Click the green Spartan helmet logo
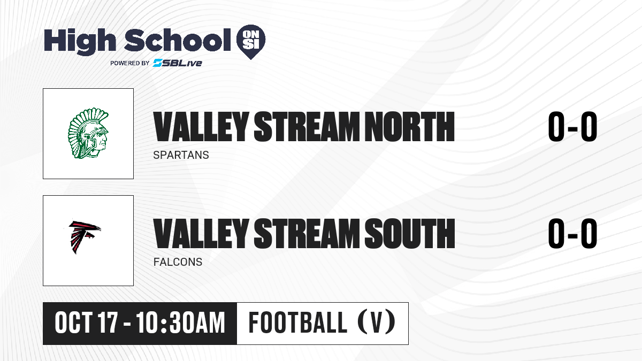[88, 133]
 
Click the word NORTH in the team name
[410, 127]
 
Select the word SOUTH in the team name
[410, 234]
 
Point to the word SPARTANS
[181, 155]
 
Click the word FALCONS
[178, 262]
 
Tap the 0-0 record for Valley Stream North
[572, 127]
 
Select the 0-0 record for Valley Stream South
[572, 234]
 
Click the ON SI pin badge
[251, 42]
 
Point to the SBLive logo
[177, 63]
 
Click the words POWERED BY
[130, 63]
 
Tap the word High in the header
[80, 42]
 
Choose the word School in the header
[178, 40]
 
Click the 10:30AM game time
[181, 323]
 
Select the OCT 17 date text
[86, 323]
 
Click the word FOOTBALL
[298, 323]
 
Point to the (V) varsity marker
[377, 323]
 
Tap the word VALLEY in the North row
[201, 127]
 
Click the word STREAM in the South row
[307, 234]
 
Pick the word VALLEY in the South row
[201, 234]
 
